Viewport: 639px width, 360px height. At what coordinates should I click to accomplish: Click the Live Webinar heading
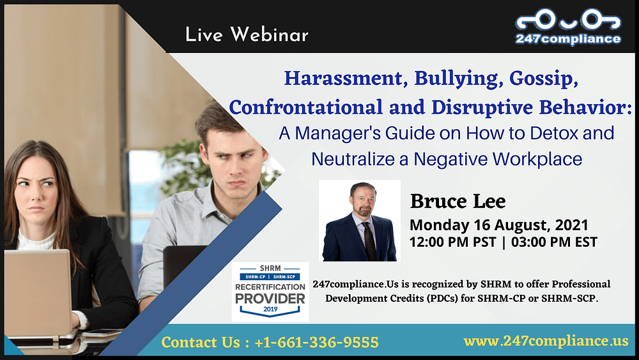(247, 35)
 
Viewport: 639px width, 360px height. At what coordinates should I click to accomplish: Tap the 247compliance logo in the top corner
(568, 27)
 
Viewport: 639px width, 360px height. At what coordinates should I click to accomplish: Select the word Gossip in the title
(544, 79)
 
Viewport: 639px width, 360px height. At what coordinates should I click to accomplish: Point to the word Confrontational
(306, 107)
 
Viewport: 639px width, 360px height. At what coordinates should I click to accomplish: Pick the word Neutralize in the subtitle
(353, 159)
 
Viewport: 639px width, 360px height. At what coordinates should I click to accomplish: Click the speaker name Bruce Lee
(458, 201)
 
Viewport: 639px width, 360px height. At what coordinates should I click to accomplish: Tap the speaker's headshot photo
(359, 221)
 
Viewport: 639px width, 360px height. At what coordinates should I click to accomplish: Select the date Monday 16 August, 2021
(499, 225)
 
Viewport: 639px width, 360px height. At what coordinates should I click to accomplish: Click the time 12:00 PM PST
(452, 242)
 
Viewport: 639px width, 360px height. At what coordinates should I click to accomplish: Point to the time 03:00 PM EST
(554, 242)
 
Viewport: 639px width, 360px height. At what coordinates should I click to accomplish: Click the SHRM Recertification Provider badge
(270, 292)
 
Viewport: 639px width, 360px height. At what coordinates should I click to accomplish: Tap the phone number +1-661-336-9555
(316, 342)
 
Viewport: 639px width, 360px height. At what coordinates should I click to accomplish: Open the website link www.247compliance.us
(546, 341)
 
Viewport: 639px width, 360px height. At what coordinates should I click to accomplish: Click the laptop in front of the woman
(38, 293)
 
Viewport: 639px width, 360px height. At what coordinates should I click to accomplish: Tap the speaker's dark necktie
(369, 241)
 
